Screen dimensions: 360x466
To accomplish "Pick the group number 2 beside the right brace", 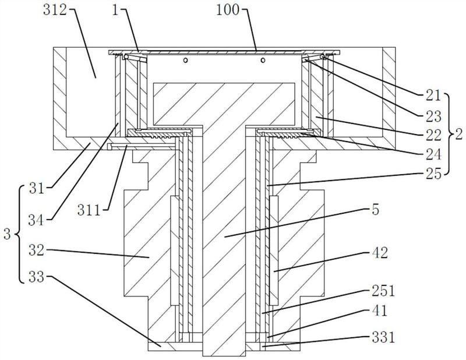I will (459, 133).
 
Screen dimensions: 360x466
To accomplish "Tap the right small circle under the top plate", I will (263, 60).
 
